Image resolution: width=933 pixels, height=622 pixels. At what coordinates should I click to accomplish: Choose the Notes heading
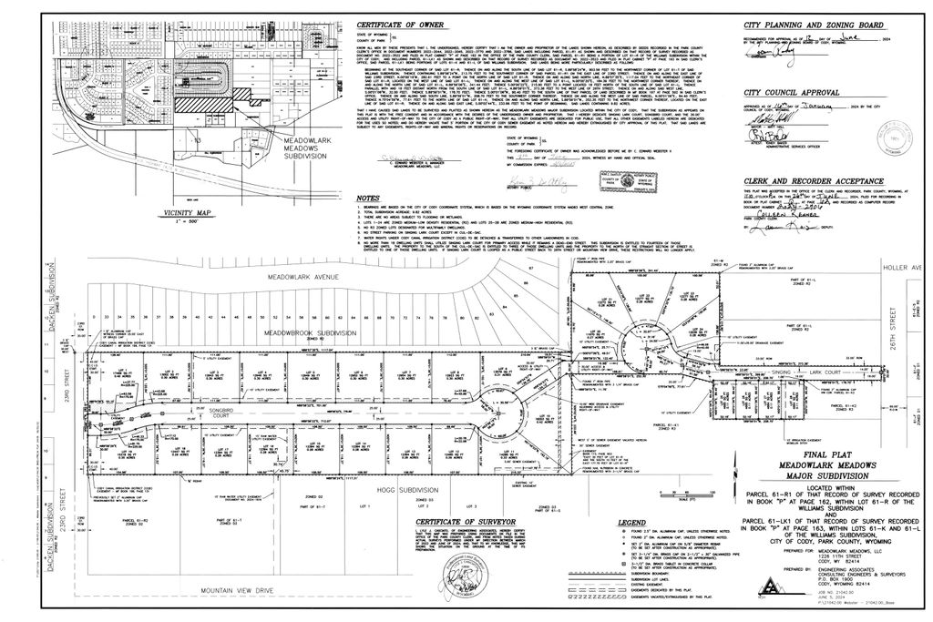point(368,198)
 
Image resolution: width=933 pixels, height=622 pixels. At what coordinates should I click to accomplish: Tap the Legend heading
point(580,523)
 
